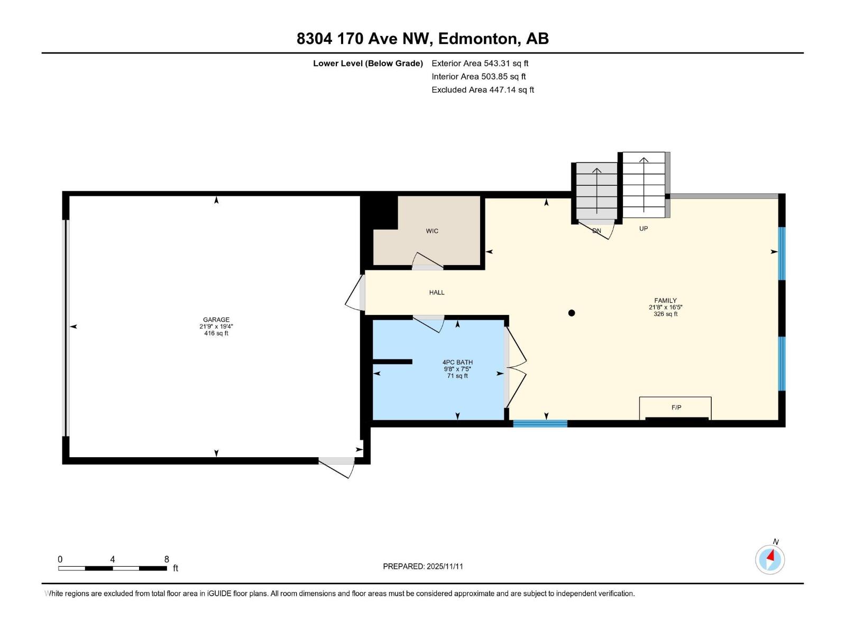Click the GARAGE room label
(216, 320)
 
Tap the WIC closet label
(432, 231)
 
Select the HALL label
(437, 293)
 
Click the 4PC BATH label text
(457, 362)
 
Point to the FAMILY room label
(665, 301)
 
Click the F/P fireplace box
(676, 407)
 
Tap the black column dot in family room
(572, 313)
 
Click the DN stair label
(596, 231)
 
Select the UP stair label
(643, 229)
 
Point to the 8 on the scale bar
(167, 559)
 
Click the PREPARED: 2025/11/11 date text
(423, 566)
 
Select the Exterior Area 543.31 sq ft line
(480, 63)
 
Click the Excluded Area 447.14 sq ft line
(483, 90)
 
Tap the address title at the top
(422, 39)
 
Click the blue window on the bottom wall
(540, 423)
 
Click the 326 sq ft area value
(665, 314)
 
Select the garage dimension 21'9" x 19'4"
(216, 326)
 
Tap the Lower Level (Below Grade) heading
(368, 63)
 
